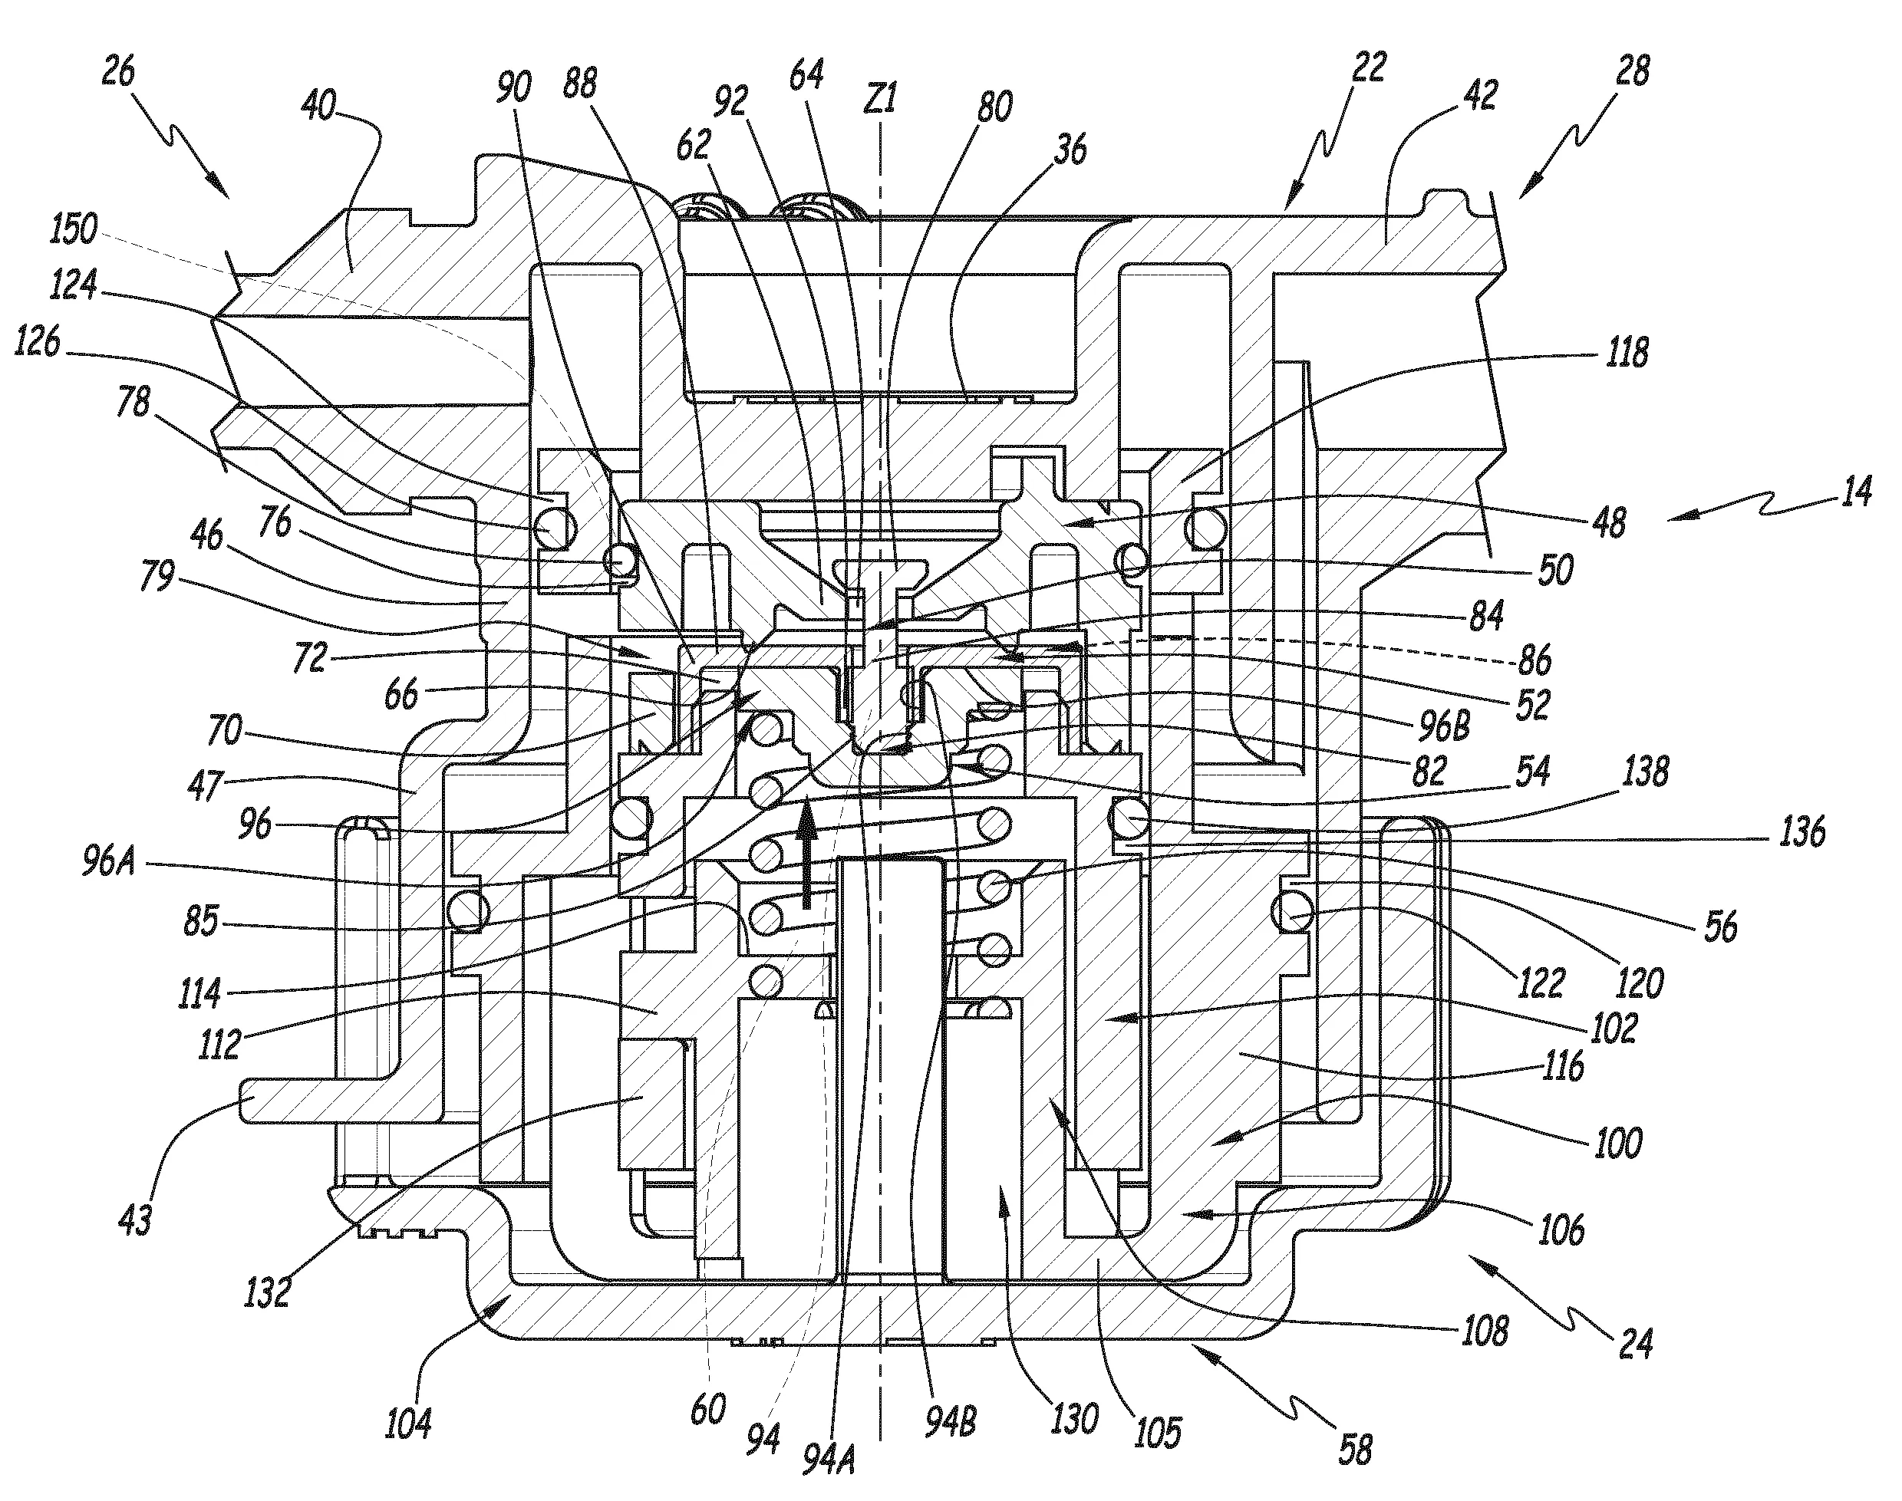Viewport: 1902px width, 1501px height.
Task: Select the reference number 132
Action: pos(267,1291)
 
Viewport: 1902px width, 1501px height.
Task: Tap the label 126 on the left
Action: pos(37,343)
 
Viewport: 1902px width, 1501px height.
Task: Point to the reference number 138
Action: pos(1645,772)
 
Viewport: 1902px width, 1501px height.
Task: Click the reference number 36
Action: pos(1070,149)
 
